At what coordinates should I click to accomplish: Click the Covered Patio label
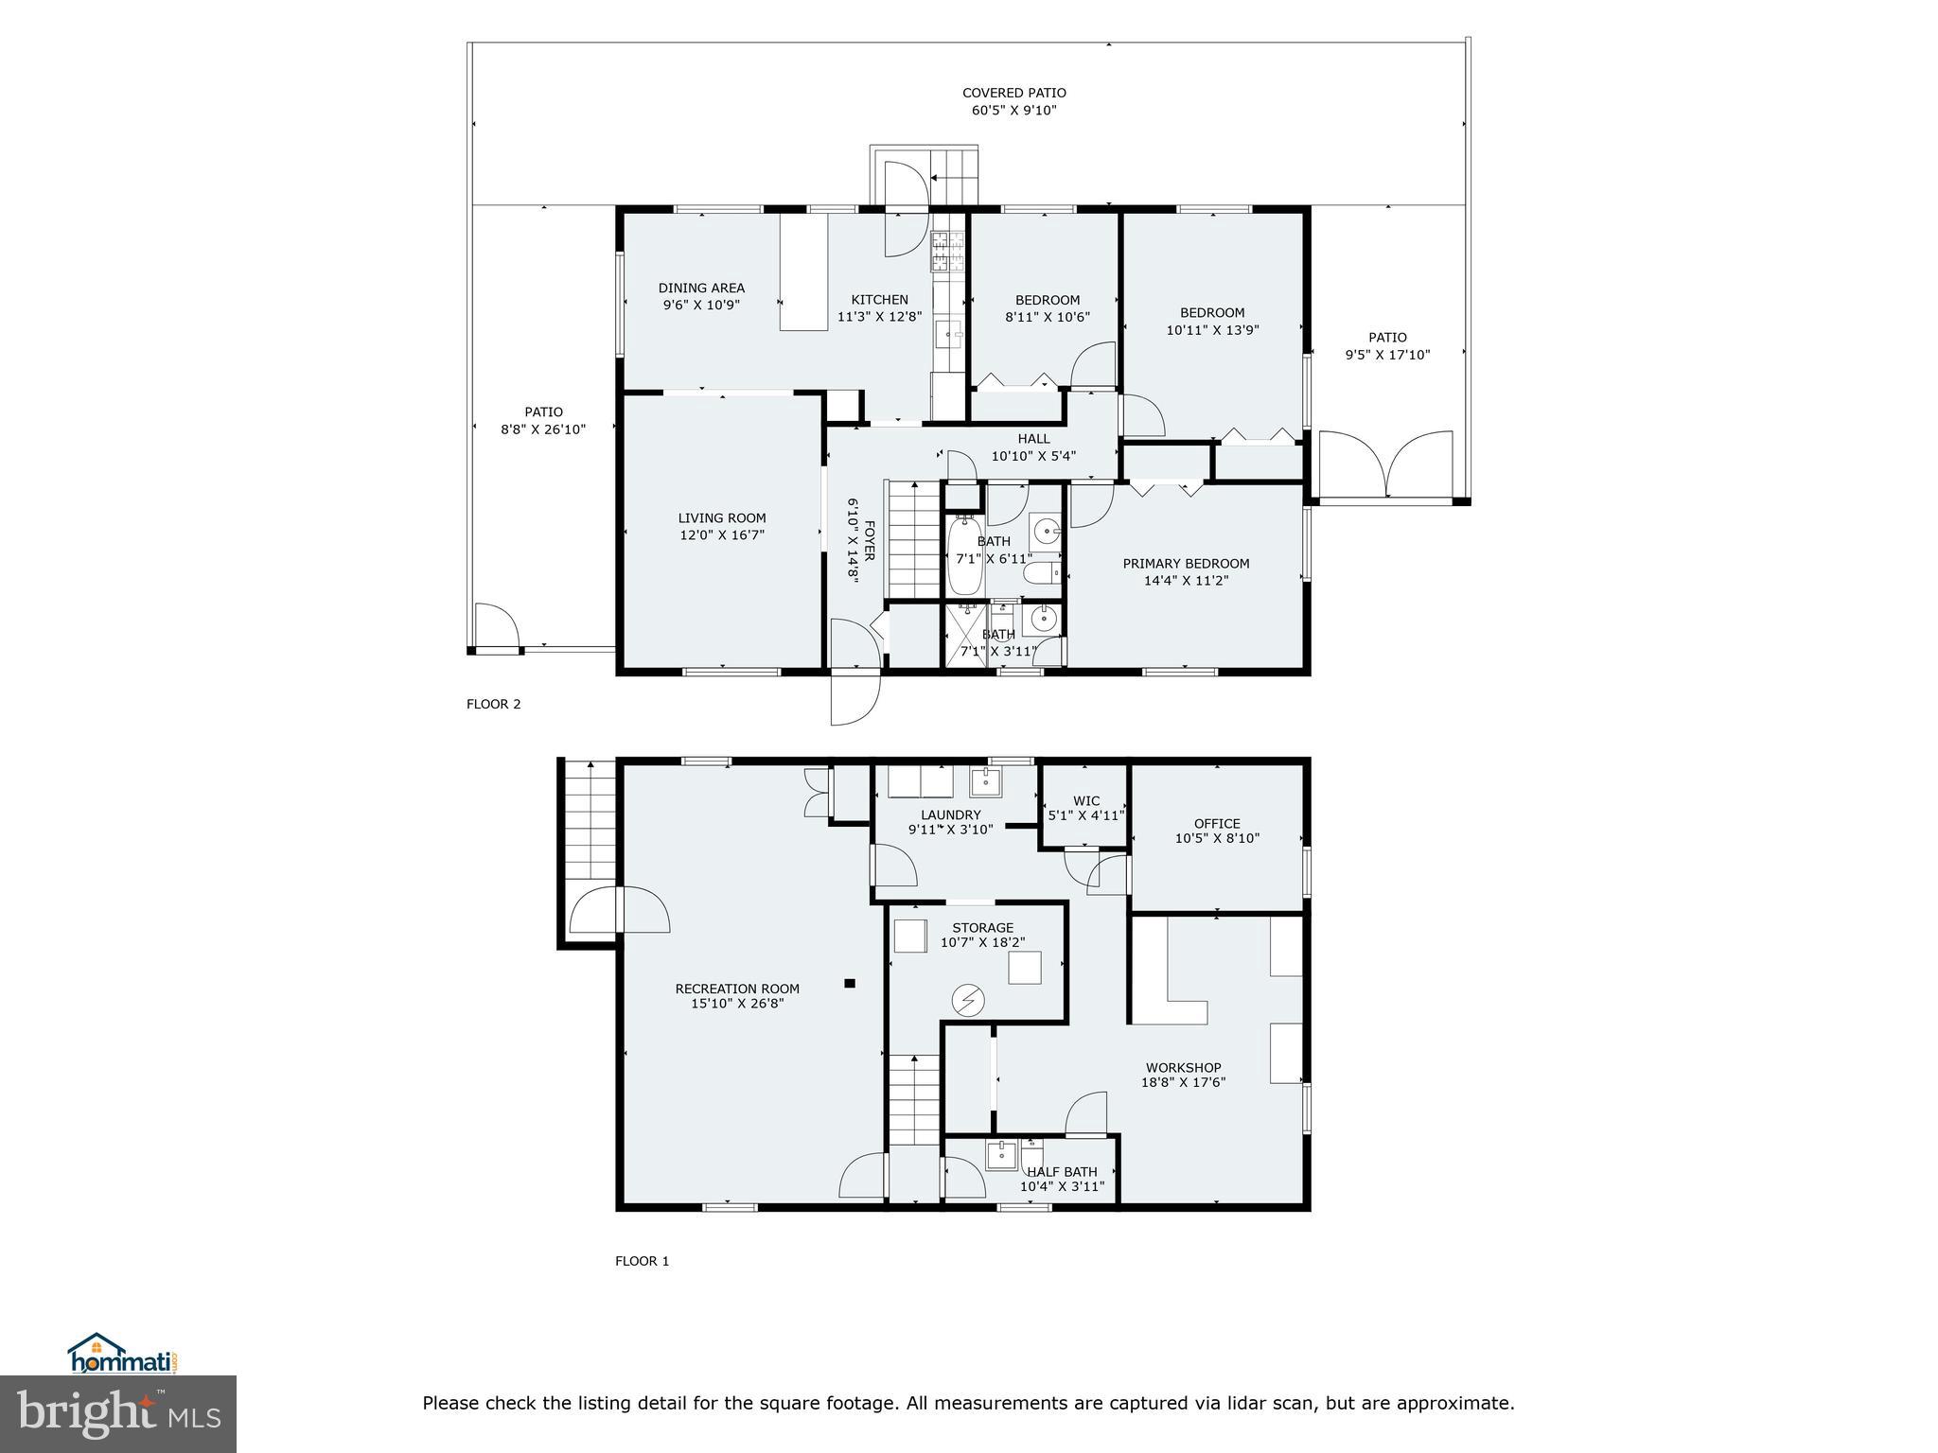[x=1013, y=94]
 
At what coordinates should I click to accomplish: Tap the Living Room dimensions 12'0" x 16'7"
[x=721, y=535]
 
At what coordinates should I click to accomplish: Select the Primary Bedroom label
[x=1186, y=564]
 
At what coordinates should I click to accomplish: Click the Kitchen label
[x=879, y=300]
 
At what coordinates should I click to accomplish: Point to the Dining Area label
[x=701, y=289]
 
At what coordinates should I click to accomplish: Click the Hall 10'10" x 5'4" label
[x=1033, y=447]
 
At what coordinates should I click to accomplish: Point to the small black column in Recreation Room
[x=850, y=984]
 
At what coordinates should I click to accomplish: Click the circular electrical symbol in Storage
[x=968, y=1000]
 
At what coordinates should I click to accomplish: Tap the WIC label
[x=1086, y=801]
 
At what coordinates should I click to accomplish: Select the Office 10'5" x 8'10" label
[x=1217, y=831]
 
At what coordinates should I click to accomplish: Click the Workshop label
[x=1183, y=1067]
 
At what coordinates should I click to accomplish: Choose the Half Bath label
[x=1062, y=1172]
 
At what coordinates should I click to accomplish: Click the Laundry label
[x=951, y=815]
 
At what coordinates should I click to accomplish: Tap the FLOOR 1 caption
[x=642, y=1261]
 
